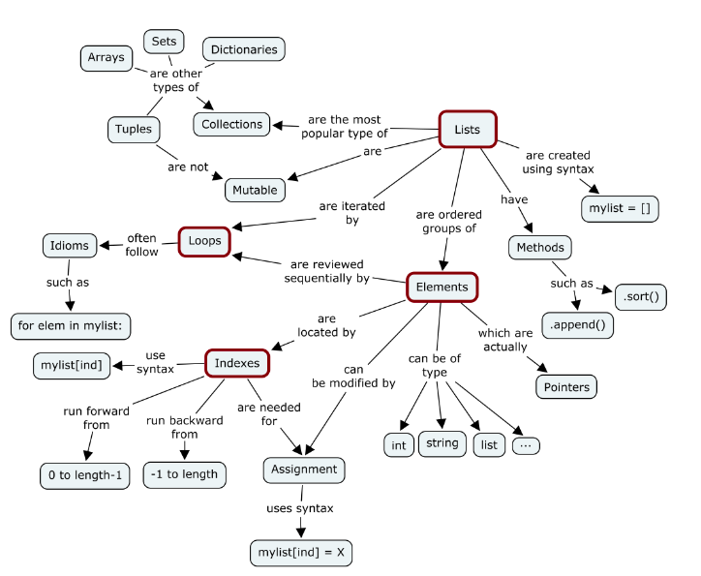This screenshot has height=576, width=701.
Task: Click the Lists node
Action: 467,129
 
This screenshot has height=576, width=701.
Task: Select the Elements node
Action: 442,287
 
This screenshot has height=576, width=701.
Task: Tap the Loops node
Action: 204,241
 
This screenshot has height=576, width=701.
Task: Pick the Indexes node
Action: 236,363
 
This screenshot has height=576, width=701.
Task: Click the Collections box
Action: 232,124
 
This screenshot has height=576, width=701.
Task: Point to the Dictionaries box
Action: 244,49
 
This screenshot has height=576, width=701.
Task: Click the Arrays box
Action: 106,58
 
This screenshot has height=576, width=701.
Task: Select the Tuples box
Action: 133,129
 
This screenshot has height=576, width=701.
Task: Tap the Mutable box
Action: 255,190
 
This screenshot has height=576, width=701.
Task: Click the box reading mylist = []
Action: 619,208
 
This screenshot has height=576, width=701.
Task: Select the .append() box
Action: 578,324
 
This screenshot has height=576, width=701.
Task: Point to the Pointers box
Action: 564,385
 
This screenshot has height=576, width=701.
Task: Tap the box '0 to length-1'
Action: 83,475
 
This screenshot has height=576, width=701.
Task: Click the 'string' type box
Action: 442,444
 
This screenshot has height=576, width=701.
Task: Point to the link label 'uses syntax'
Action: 300,508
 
